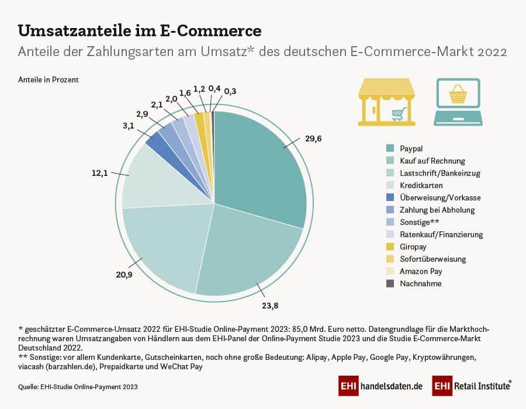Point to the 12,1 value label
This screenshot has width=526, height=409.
(x=100, y=173)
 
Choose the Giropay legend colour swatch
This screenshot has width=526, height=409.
(x=390, y=247)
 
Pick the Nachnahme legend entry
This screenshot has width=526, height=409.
(x=421, y=283)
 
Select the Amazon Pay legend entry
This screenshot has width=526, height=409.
(x=421, y=271)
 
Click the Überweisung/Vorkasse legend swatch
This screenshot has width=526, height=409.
(x=390, y=197)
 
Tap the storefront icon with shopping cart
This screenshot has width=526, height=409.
(x=386, y=102)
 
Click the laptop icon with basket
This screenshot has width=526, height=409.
(x=458, y=102)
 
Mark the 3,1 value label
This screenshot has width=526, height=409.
(x=128, y=125)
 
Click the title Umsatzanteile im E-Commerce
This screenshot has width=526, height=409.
(x=140, y=30)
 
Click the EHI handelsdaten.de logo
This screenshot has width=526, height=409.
(x=380, y=386)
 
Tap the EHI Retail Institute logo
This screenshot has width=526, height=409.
(x=472, y=386)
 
